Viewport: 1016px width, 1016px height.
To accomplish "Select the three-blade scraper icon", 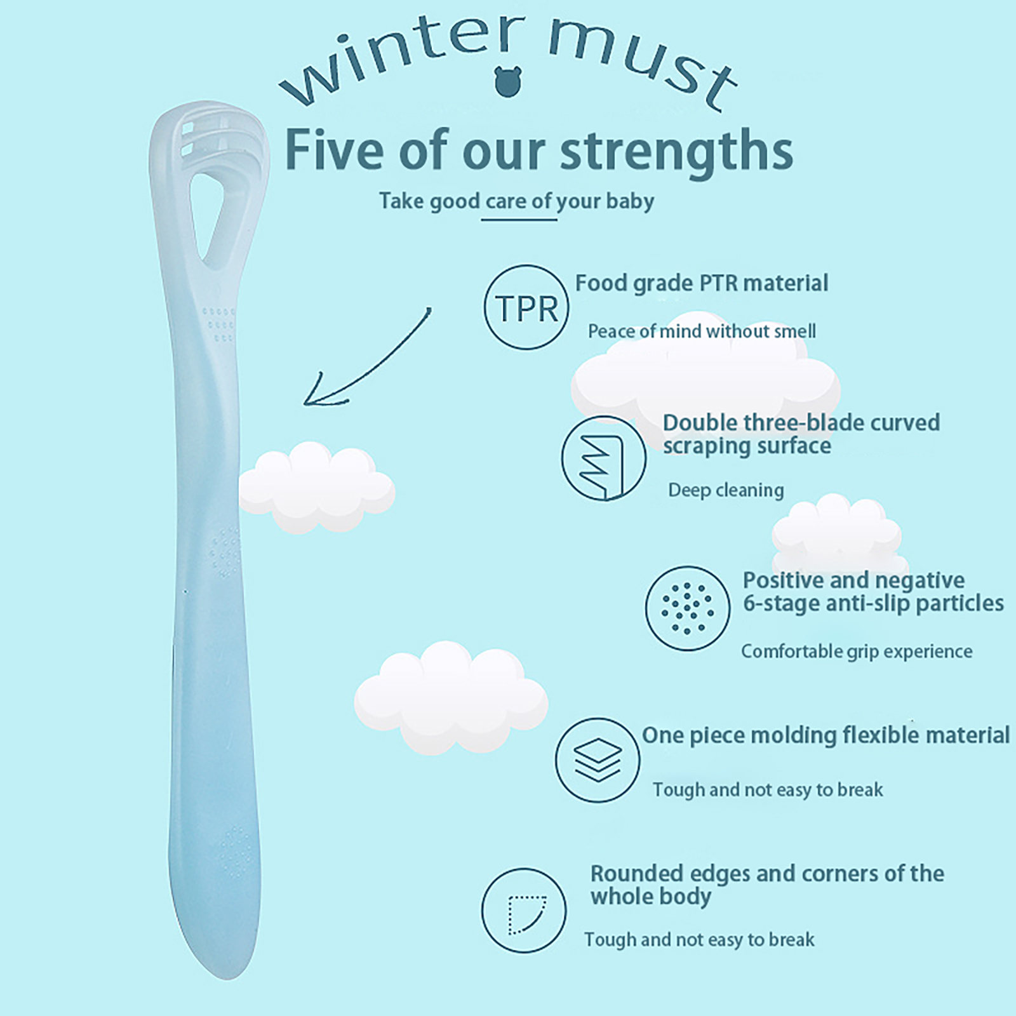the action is pyautogui.click(x=603, y=458).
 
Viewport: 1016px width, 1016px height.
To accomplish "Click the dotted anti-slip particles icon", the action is pyautogui.click(x=688, y=608).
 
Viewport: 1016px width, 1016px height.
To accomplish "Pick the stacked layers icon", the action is pyautogui.click(x=598, y=760).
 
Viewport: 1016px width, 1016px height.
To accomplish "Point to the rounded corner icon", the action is pyautogui.click(x=523, y=911).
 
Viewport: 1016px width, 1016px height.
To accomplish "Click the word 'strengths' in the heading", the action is pyautogui.click(x=677, y=151).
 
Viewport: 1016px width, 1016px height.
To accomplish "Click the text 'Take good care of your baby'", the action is pyautogui.click(x=516, y=201).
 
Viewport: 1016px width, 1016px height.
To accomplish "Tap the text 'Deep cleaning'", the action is pyautogui.click(x=726, y=490).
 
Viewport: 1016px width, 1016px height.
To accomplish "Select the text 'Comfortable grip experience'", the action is pyautogui.click(x=857, y=652).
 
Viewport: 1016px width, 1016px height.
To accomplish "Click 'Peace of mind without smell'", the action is pyautogui.click(x=702, y=331).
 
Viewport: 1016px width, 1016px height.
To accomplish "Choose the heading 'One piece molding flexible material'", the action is pyautogui.click(x=825, y=735).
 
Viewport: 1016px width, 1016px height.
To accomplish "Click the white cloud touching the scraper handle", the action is pyautogui.click(x=316, y=488).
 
